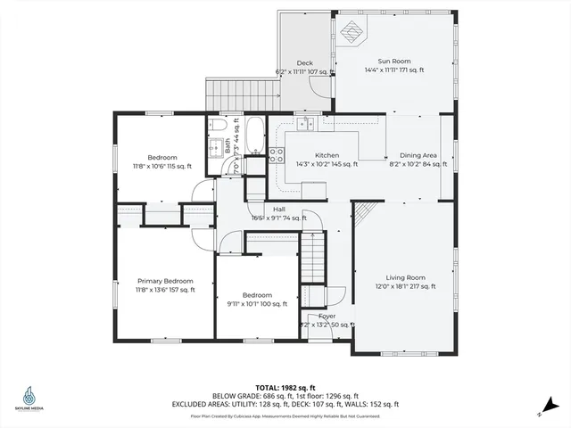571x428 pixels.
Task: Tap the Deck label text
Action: pos(304,62)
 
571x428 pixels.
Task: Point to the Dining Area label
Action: pos(417,155)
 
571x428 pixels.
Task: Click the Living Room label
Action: pos(405,276)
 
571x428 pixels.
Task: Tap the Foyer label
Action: pos(327,316)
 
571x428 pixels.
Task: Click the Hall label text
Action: pos(279,209)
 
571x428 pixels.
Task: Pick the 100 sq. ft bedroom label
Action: pos(258,295)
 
